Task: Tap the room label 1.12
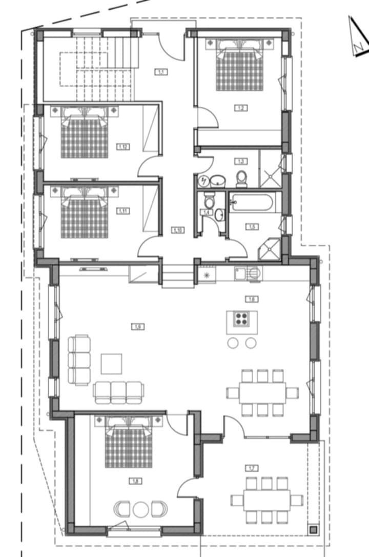(123, 147)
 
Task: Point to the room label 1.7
(252, 468)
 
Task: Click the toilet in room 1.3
(241, 178)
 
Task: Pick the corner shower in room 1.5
(271, 248)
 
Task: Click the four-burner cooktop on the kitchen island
(242, 319)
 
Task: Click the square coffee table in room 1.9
(111, 364)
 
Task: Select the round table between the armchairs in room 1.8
(140, 509)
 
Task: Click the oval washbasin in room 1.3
(219, 181)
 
